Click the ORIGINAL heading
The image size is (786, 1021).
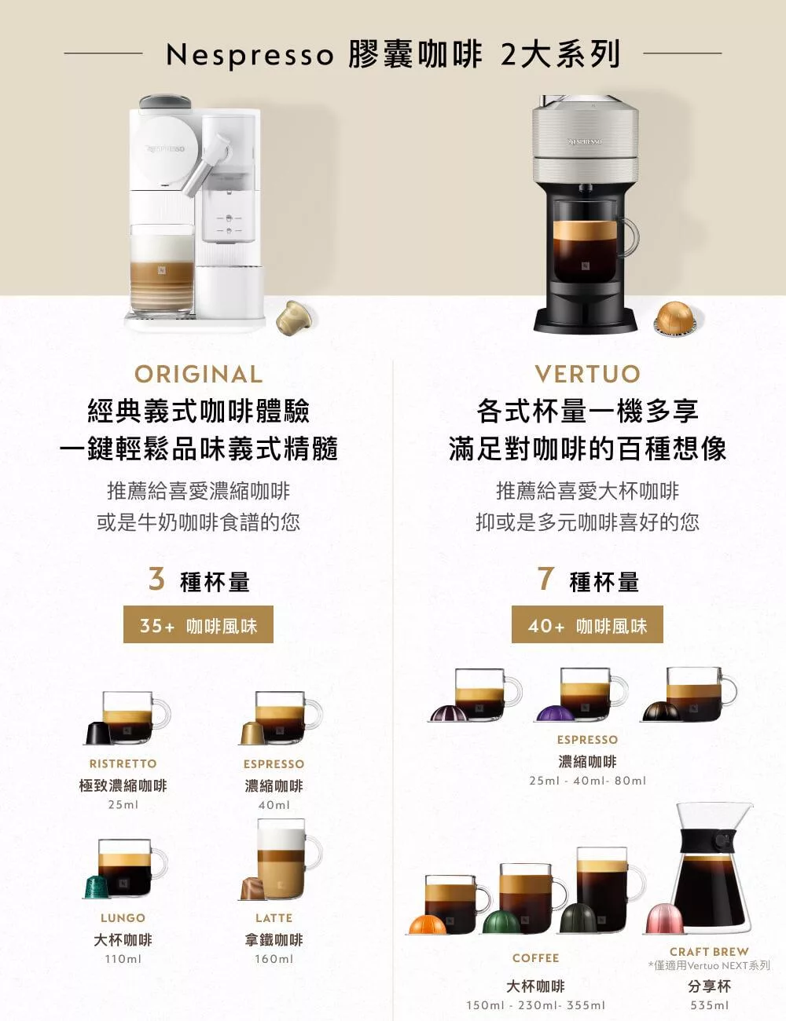coord(198,375)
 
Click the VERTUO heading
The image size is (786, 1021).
coord(588,375)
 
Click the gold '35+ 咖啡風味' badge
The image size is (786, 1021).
coord(198,624)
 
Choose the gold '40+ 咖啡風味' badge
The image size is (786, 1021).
coord(587,624)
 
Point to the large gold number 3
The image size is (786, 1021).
coord(156,578)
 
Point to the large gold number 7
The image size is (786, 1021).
coord(545,578)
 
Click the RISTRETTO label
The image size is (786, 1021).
coord(123,764)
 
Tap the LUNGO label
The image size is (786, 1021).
coord(123,917)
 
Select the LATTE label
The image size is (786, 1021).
coord(274,917)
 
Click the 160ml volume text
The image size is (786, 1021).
coord(274,958)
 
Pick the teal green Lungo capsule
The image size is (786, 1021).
coord(97,887)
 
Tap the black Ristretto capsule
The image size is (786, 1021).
coord(98,734)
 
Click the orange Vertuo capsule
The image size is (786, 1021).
coord(428,924)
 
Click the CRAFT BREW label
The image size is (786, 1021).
coord(709,951)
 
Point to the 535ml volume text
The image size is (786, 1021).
coord(710,1005)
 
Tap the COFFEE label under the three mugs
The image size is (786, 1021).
coord(536,958)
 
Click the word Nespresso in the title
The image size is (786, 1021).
coord(250,55)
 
